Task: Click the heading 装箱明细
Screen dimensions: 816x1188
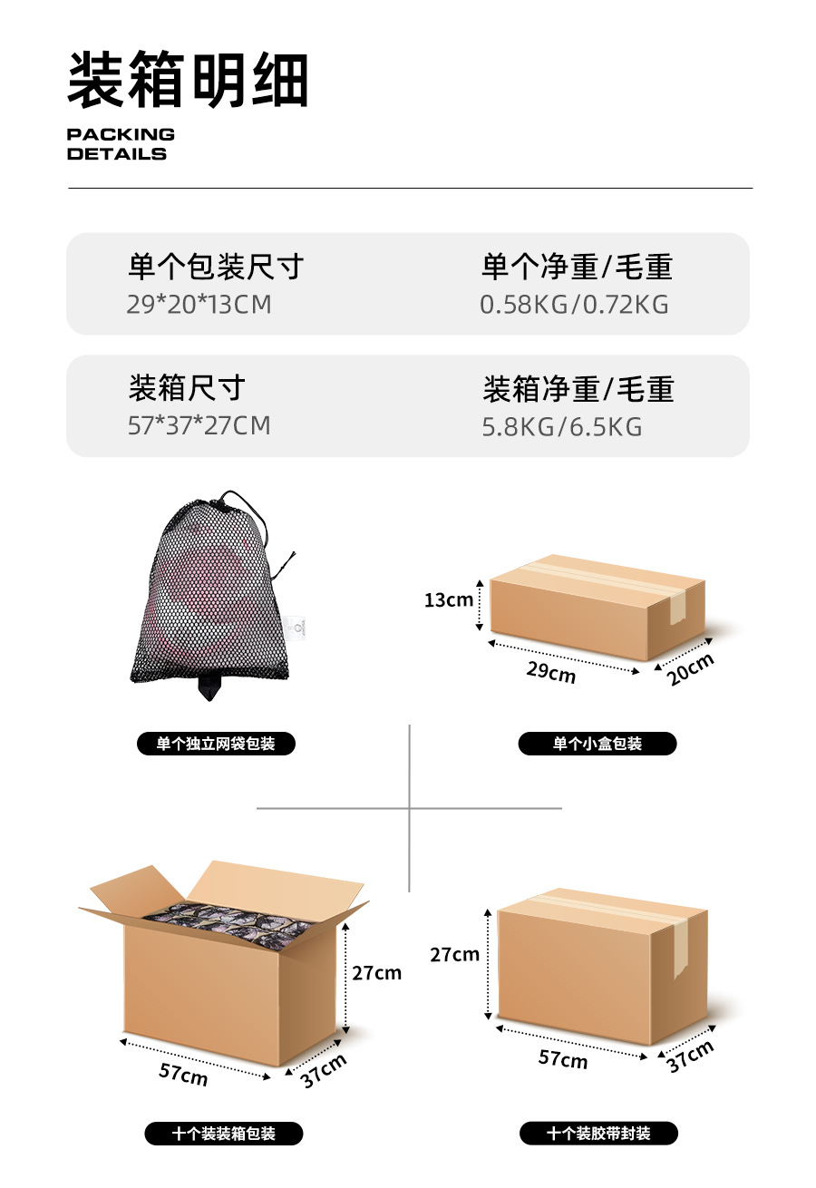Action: click(188, 81)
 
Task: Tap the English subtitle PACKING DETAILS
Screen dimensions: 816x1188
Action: click(120, 144)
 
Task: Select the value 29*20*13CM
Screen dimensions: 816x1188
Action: click(199, 305)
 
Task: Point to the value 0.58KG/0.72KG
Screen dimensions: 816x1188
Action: click(574, 305)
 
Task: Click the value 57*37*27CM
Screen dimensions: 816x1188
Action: click(199, 425)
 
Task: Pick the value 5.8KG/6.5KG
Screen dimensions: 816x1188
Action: click(561, 426)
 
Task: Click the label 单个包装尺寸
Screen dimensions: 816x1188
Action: click(216, 268)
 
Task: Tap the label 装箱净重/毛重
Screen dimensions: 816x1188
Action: click(578, 389)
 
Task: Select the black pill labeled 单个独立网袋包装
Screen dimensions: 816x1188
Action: click(216, 744)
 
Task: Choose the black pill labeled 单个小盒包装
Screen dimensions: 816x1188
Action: click(597, 744)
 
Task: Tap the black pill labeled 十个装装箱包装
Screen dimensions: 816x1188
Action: click(224, 1134)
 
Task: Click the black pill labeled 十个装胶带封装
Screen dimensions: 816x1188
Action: click(598, 1134)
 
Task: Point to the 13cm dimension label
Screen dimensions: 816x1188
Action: click(448, 599)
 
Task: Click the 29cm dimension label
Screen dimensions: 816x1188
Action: click(551, 673)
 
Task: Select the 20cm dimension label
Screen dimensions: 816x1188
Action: click(691, 669)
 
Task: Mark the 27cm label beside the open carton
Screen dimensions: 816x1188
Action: click(376, 973)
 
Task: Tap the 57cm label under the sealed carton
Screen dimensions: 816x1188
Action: click(563, 1058)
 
